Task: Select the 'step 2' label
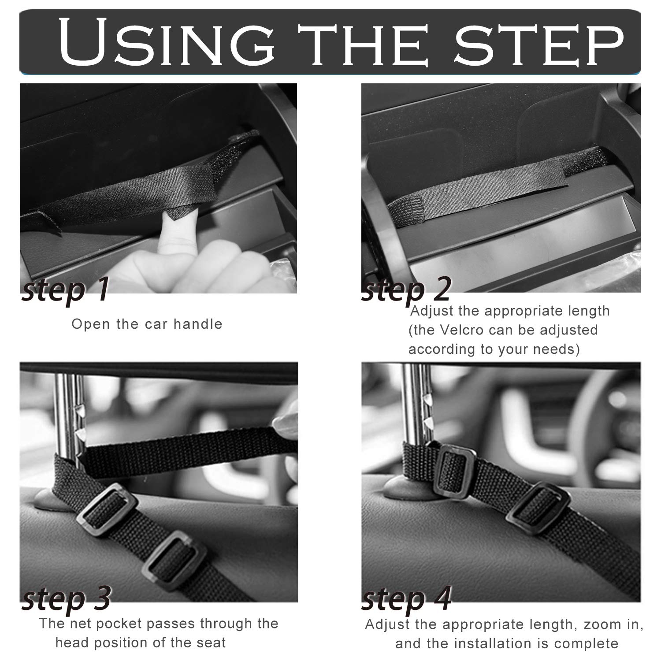pos(406,288)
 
